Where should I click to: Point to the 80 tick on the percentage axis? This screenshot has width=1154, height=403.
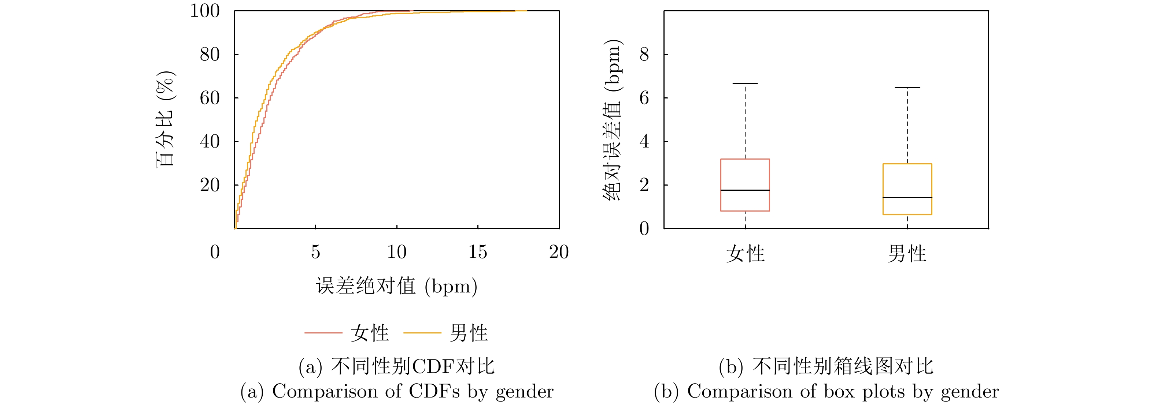[x=210, y=55]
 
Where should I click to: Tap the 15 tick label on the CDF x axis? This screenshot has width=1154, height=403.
[x=478, y=252]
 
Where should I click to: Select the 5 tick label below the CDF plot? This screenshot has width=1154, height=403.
[x=315, y=252]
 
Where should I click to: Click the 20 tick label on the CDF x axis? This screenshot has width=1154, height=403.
[x=559, y=252]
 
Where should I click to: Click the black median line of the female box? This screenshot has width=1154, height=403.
[x=745, y=190]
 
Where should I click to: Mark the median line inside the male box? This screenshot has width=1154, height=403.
[x=907, y=197]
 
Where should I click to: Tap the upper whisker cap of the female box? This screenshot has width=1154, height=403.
[x=745, y=83]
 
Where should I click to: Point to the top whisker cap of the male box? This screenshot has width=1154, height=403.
[x=907, y=88]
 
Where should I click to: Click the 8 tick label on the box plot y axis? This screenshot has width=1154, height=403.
[x=644, y=55]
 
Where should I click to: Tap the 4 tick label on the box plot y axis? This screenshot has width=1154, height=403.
[x=644, y=142]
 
